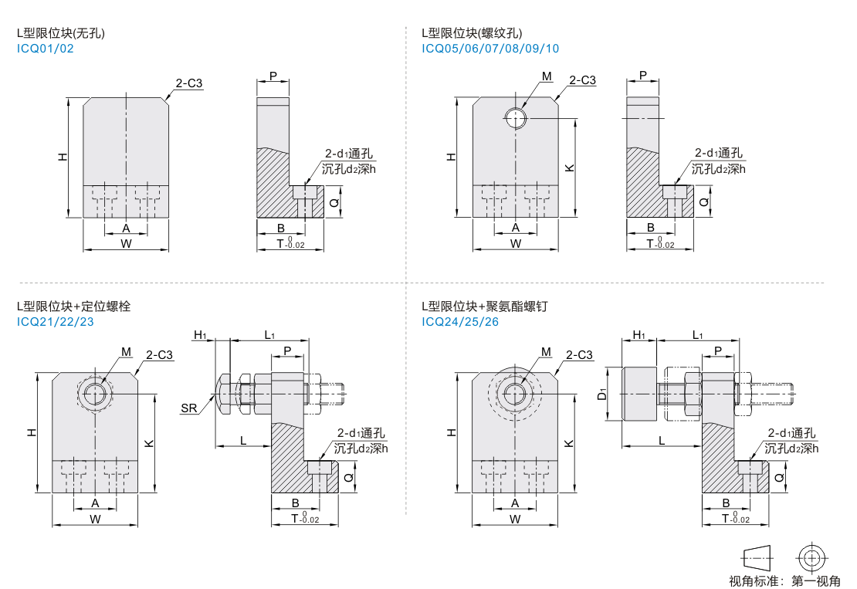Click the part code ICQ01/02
pos(46,49)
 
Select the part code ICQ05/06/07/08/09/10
pos(490,49)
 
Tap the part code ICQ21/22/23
pos(56,321)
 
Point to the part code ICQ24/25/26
pos(460,321)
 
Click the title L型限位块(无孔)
pos(61,33)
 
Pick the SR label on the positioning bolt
pos(189,408)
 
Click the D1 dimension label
pos(602,394)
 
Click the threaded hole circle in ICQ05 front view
pos(515,118)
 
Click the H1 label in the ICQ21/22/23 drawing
pos(200,335)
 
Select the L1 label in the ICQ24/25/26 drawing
pos(697,335)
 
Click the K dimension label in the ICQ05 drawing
pos(568,168)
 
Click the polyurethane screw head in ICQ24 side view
pos(639,394)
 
